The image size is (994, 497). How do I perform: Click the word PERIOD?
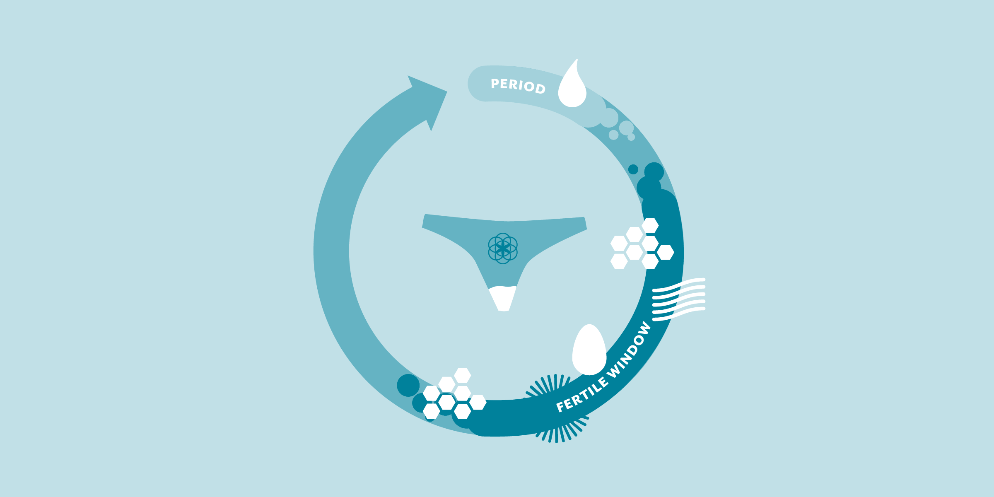[518, 86]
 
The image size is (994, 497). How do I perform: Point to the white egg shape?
[589, 350]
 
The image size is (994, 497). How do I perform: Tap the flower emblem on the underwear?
[503, 248]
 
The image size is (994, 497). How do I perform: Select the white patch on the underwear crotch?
[503, 298]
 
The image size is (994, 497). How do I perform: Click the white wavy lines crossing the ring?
[679, 299]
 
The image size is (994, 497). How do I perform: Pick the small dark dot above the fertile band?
[633, 169]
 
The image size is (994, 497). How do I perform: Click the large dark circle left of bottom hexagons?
[408, 385]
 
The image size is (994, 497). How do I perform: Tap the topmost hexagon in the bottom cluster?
[463, 376]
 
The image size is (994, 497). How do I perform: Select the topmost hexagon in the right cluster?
[650, 226]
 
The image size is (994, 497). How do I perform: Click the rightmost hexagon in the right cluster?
[666, 252]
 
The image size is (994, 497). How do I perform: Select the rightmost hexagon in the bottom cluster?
[478, 402]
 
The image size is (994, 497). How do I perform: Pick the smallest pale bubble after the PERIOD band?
[631, 137]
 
